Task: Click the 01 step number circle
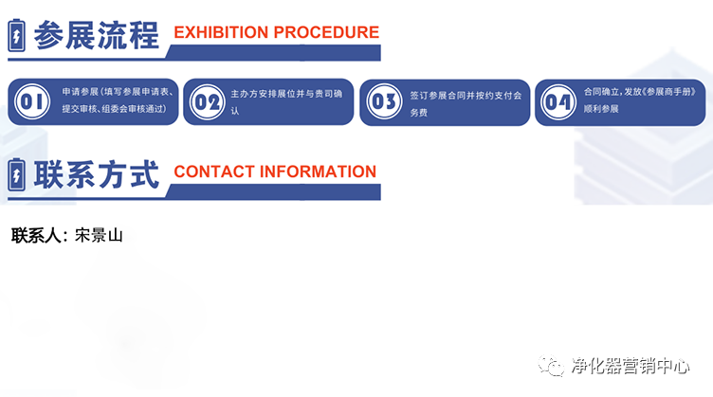[x=32, y=101]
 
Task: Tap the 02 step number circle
[x=207, y=101]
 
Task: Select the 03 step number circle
[x=384, y=101]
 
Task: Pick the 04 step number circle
[x=559, y=101]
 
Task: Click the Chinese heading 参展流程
[x=96, y=35]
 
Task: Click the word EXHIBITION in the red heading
[x=221, y=32]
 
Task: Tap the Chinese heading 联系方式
[x=96, y=174]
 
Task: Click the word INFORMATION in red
[x=318, y=171]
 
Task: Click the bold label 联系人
[x=39, y=236]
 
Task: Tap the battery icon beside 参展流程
[x=17, y=36]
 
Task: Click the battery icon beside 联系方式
[x=17, y=175]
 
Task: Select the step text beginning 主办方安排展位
[x=290, y=101]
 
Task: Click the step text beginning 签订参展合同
[x=466, y=102]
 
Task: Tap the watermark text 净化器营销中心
[x=629, y=366]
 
